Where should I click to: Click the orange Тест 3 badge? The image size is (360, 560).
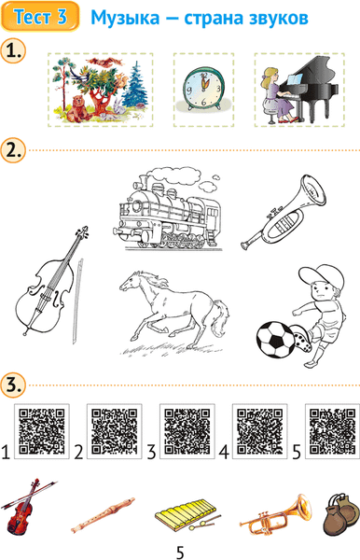[x=39, y=17]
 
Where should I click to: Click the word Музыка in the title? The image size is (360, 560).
[x=125, y=18]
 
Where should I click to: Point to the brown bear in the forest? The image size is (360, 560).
[x=77, y=108]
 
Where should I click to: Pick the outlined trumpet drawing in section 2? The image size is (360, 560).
[x=284, y=212]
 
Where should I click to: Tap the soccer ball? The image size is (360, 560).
[x=276, y=340]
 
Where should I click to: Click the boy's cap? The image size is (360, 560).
[x=321, y=277]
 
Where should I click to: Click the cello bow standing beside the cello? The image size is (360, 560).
[x=77, y=301]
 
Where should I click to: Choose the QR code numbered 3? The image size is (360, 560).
[x=187, y=431]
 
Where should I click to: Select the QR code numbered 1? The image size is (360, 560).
[x=41, y=431]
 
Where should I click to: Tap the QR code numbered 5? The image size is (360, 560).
[x=333, y=431]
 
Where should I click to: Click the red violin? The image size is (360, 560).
[x=25, y=507]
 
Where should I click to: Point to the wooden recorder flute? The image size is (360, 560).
[x=104, y=514]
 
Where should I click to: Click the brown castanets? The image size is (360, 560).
[x=340, y=514]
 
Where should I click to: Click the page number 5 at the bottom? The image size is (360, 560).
[x=180, y=553]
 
